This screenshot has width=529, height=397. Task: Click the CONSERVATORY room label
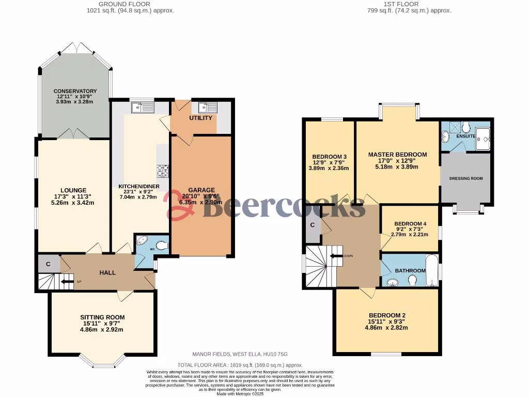[75, 91]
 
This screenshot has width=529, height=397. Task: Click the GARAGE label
[201, 190]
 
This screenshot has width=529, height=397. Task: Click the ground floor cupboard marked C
[48, 264]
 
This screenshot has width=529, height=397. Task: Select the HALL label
[107, 272]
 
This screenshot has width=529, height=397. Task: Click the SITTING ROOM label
[102, 317]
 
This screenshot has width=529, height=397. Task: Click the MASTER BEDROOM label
[397, 155]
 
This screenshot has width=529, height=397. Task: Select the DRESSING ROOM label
[465, 178]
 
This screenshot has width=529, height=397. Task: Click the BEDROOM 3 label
[329, 157]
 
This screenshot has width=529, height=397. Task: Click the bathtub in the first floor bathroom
[432, 270]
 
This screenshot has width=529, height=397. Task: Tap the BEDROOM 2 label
[387, 315]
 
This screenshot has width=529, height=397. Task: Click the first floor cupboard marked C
[313, 225]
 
